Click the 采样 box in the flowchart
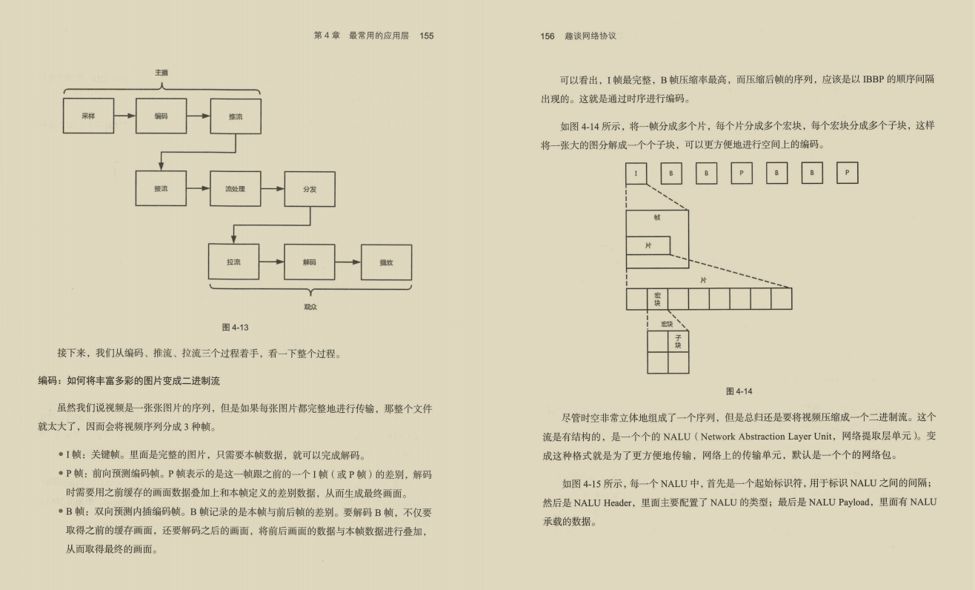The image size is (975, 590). (x=88, y=116)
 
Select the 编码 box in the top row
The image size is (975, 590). (x=162, y=116)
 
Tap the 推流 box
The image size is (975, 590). (x=235, y=116)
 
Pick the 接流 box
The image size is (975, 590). (x=161, y=189)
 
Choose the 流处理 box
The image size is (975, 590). (x=235, y=189)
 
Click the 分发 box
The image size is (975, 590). (x=310, y=189)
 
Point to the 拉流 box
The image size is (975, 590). (x=233, y=262)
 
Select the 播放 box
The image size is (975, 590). (x=386, y=262)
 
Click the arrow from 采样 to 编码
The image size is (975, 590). (x=124, y=116)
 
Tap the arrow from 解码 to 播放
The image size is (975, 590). (x=347, y=262)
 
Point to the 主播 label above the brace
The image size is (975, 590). (x=162, y=73)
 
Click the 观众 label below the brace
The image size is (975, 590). (x=310, y=305)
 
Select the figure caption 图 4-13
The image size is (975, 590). (x=236, y=327)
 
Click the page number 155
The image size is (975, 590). (x=426, y=36)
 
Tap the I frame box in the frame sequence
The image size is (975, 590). (x=636, y=173)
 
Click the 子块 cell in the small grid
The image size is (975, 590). (x=678, y=341)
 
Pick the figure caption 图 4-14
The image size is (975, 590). (x=739, y=391)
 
